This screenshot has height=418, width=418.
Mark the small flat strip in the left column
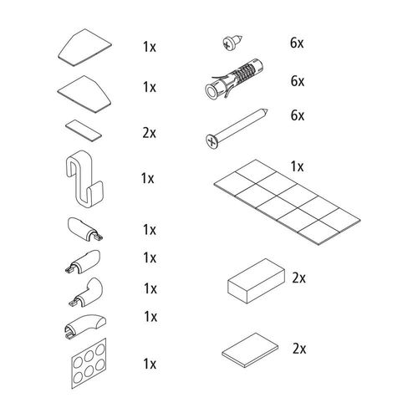click(82, 128)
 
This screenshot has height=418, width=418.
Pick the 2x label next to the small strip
click(150, 133)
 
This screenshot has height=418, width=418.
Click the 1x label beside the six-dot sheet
click(150, 364)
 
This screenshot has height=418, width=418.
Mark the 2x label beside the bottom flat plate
click(299, 347)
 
